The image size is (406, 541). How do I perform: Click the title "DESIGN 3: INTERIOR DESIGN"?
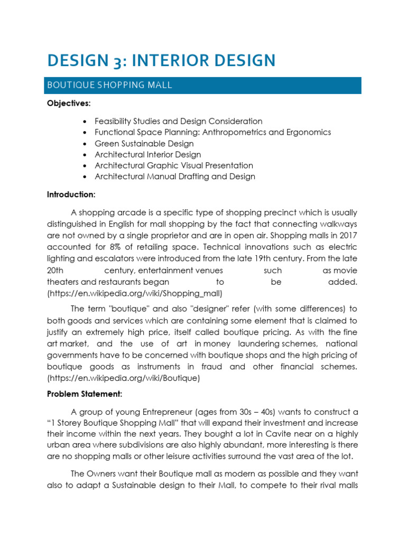point(161,60)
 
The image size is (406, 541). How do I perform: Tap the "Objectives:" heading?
point(69,105)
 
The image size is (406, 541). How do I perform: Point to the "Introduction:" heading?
point(71,194)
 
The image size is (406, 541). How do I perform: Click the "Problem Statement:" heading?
point(85,394)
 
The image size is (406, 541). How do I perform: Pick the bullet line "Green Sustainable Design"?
point(144,144)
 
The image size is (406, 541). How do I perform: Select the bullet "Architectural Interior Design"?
point(147,155)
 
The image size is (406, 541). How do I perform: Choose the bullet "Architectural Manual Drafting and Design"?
point(174,176)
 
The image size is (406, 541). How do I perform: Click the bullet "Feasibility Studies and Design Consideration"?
point(178,122)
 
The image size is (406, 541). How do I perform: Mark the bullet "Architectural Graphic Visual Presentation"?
point(173,166)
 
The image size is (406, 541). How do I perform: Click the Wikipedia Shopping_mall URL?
point(135,293)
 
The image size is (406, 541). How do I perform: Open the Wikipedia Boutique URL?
point(123,378)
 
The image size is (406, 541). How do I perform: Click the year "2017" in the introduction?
point(347,236)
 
